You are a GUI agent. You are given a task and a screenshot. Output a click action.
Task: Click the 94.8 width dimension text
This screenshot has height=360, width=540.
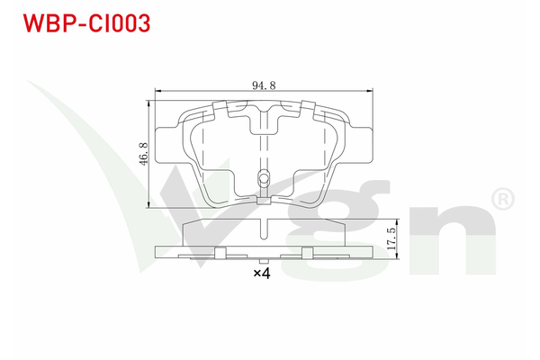point(263,86)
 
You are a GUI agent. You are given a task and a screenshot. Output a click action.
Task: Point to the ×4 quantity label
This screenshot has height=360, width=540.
point(261,274)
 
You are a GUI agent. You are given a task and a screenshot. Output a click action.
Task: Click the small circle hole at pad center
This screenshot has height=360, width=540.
point(264,177)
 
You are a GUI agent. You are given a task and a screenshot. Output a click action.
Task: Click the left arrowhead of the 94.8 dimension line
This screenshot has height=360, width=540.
point(158,91)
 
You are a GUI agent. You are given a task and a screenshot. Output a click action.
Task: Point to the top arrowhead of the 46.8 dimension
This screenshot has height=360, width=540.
point(148,102)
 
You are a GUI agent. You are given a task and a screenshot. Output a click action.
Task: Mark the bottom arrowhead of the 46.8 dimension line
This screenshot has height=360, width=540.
point(148,206)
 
